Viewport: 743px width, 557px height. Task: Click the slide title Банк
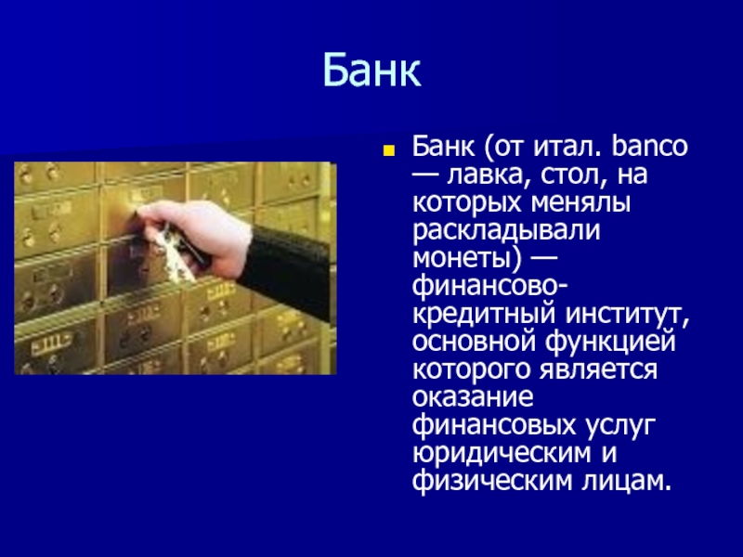click(372, 71)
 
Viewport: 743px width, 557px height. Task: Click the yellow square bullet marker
click(389, 150)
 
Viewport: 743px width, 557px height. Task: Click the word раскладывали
click(506, 231)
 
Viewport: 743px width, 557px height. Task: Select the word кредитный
click(483, 315)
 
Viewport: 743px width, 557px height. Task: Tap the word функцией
click(611, 342)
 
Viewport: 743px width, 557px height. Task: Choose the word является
click(598, 369)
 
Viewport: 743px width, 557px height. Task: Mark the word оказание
click(473, 398)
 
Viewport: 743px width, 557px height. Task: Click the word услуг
click(619, 426)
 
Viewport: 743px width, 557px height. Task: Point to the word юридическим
click(502, 454)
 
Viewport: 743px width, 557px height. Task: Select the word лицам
click(626, 481)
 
